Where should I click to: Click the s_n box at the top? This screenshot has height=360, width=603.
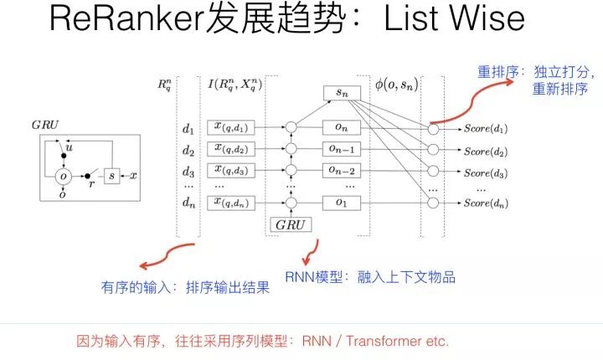point(340,94)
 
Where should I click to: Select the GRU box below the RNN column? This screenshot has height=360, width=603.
point(291,224)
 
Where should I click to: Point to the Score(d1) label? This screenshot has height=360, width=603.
point(486,130)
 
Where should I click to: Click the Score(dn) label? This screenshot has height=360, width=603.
point(486,203)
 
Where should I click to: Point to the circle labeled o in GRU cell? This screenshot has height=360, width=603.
point(64,177)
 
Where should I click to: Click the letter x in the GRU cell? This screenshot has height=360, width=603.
point(134,177)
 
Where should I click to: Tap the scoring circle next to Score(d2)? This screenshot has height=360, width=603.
point(433,152)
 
